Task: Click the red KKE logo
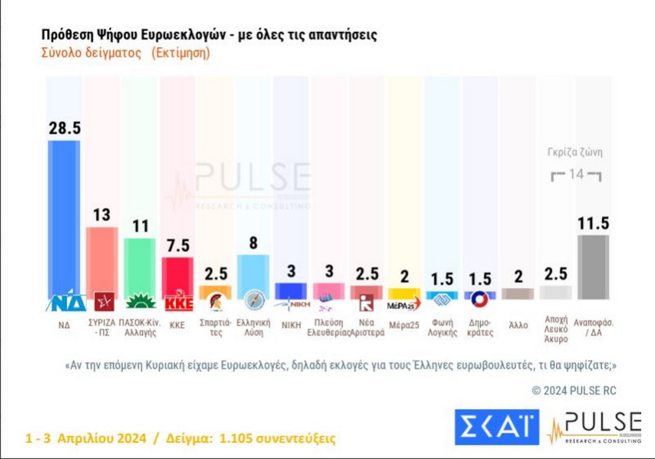click(177, 302)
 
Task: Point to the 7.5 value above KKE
click(177, 246)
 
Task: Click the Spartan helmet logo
click(215, 302)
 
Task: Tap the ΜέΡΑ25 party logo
click(404, 303)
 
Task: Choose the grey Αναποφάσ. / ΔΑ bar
click(593, 267)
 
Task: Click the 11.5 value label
click(593, 223)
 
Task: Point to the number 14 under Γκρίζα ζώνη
click(576, 174)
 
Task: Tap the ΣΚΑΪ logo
click(497, 427)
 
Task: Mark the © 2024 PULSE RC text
click(573, 391)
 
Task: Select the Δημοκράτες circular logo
click(480, 299)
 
